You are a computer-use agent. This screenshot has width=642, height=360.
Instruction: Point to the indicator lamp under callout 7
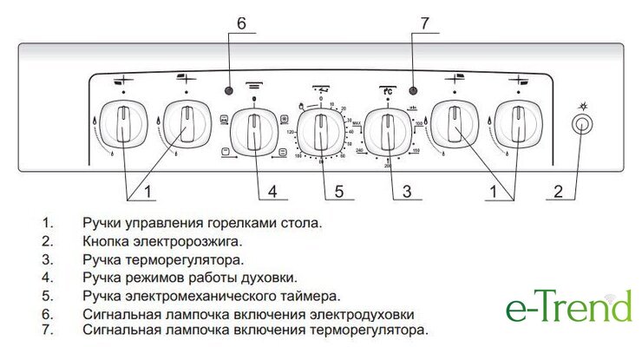click(x=413, y=90)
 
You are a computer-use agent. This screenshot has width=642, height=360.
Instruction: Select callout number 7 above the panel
click(x=424, y=23)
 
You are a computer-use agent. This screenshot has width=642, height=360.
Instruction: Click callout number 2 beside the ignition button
click(x=559, y=190)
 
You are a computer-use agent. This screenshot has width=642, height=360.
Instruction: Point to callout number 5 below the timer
click(x=340, y=190)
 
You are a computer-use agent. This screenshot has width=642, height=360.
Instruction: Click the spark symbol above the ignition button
click(x=584, y=106)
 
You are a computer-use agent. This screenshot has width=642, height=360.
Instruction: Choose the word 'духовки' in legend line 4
click(x=268, y=278)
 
